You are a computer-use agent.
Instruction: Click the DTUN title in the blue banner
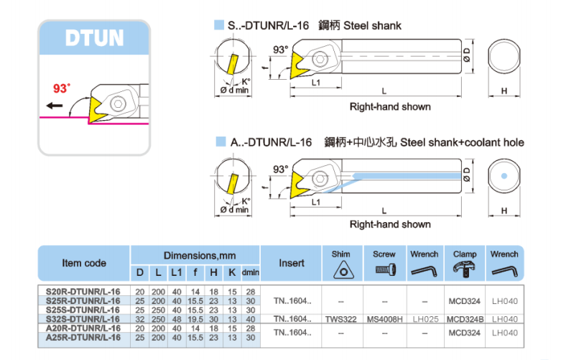(x=94, y=37)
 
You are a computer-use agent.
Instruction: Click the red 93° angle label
(x=62, y=88)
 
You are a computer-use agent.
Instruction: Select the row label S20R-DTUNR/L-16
(x=83, y=291)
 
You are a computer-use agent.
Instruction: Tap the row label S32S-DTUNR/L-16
(x=83, y=318)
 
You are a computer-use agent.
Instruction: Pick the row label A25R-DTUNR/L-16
(x=83, y=336)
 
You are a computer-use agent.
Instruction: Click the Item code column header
(x=84, y=263)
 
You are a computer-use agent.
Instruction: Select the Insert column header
(x=292, y=263)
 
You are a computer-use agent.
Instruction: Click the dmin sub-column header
(x=250, y=273)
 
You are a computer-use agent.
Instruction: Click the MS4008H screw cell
(x=384, y=318)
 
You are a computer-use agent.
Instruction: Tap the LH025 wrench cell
(x=424, y=318)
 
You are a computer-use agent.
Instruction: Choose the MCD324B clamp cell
(x=465, y=318)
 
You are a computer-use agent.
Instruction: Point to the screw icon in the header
(x=384, y=271)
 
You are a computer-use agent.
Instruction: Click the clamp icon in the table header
(x=465, y=270)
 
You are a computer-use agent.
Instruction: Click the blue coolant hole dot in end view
(x=504, y=176)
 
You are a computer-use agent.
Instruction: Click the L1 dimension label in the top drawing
(x=316, y=83)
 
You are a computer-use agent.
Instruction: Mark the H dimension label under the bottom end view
(x=504, y=211)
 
